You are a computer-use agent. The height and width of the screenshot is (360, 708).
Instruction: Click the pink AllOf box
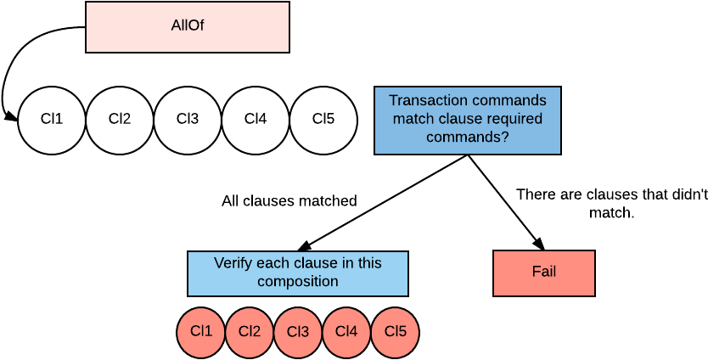click(x=188, y=27)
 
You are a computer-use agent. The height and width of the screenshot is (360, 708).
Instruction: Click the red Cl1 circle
click(x=201, y=332)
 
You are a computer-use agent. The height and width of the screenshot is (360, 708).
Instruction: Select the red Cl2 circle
click(x=250, y=332)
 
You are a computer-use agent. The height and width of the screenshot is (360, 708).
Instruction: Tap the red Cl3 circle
click(x=298, y=332)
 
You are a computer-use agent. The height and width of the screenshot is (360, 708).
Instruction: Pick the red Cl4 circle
click(x=346, y=332)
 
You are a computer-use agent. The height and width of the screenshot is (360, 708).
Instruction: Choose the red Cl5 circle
click(x=395, y=332)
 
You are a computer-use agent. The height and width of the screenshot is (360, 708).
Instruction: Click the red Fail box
click(x=543, y=273)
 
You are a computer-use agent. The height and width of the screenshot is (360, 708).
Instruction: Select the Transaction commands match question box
click(x=468, y=121)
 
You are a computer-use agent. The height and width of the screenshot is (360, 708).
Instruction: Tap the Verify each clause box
click(x=298, y=273)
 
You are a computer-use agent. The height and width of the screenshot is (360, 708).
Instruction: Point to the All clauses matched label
click(x=289, y=201)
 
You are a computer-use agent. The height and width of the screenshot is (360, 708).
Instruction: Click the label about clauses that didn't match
click(x=612, y=203)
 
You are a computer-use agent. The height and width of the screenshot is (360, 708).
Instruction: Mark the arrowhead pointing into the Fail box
click(x=539, y=243)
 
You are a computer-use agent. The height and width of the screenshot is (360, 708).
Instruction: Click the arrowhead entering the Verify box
click(x=306, y=245)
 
